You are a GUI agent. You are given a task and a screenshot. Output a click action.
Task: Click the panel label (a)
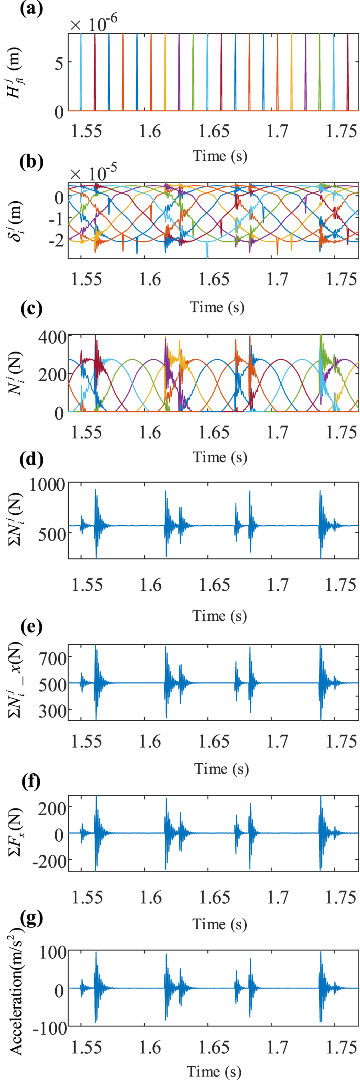coord(32,8)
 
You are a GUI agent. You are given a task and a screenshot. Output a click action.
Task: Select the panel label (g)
coord(32,918)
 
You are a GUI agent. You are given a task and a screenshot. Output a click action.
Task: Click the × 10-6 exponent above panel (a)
coord(94,23)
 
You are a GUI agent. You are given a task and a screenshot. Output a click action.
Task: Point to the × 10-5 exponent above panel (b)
coord(94,172)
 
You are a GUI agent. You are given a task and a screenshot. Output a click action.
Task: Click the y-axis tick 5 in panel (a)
coord(59,63)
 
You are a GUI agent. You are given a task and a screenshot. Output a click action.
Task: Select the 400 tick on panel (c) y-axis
coord(52,337)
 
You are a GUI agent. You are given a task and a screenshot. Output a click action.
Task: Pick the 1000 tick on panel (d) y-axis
coord(47,485)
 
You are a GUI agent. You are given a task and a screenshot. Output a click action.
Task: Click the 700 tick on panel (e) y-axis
coord(53,659)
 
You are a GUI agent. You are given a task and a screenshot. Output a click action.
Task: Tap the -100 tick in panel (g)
coord(50,1028)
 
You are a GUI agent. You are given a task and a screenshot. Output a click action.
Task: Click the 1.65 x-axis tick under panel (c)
coord(214,432)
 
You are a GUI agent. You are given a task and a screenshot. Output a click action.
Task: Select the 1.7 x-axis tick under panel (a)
coord(278,131)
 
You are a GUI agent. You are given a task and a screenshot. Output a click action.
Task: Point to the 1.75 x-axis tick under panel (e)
coord(341,741)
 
